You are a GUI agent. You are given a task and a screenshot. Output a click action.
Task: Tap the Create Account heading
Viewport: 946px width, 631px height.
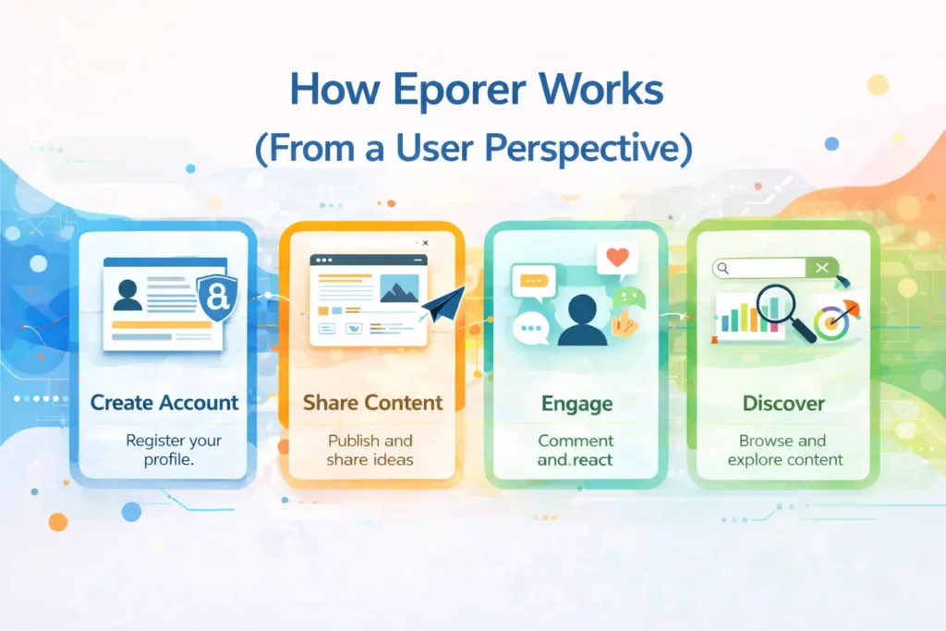[164, 403]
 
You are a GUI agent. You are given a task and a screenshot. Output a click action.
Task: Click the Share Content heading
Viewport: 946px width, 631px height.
[372, 403]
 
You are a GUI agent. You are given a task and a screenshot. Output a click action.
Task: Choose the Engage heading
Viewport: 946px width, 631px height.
[576, 404]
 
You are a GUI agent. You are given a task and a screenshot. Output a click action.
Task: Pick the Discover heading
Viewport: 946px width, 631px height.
[782, 404]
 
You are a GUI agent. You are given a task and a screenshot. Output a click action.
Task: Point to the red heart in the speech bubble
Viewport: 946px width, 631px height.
[618, 257]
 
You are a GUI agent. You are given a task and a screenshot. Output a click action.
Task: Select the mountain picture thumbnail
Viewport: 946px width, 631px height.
[398, 287]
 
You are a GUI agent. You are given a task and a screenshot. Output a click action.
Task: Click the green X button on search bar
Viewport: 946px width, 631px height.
[820, 268]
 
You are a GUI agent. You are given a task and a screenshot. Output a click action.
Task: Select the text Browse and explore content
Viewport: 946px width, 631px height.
[783, 450]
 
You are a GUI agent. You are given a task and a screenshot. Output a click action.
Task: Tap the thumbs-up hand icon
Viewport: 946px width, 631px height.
[625, 322]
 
